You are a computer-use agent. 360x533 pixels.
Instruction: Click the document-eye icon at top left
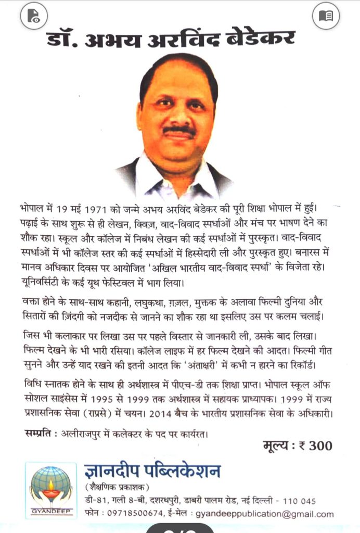(x=33, y=16)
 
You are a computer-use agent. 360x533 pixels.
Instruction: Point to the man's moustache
(x=179, y=131)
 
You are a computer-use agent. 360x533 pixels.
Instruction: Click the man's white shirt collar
(x=156, y=180)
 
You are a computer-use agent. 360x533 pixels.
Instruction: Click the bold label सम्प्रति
(x=40, y=433)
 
